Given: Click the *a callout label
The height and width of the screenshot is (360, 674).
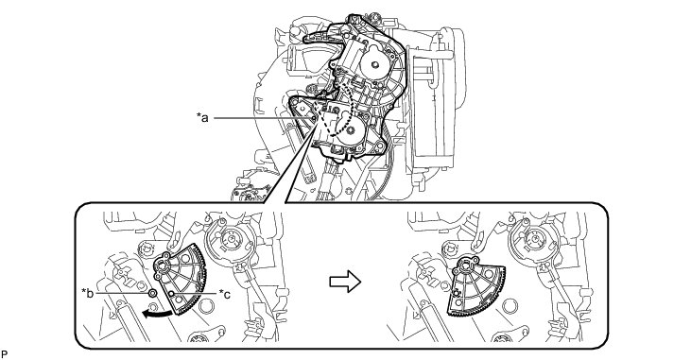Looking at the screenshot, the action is pyautogui.click(x=202, y=117).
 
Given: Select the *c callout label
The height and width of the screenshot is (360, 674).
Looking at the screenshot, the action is pyautogui.click(x=224, y=294).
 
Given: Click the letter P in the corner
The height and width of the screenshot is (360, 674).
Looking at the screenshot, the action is pyautogui.click(x=5, y=354).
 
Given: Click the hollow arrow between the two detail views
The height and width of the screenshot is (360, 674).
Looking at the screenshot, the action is pyautogui.click(x=345, y=282).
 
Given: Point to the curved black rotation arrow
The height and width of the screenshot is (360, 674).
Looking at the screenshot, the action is pyautogui.click(x=158, y=315).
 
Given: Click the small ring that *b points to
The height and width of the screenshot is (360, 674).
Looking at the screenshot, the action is pyautogui.click(x=152, y=293).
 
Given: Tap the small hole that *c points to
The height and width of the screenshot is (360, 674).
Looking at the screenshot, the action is pyautogui.click(x=171, y=294).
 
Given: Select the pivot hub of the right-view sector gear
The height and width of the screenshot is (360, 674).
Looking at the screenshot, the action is pyautogui.click(x=465, y=268).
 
